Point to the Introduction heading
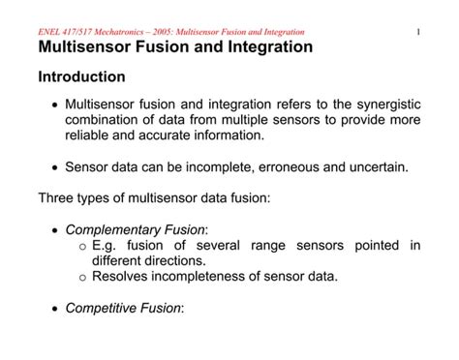(x=81, y=76)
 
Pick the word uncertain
(x=377, y=165)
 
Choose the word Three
(x=56, y=197)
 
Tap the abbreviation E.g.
(x=105, y=246)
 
